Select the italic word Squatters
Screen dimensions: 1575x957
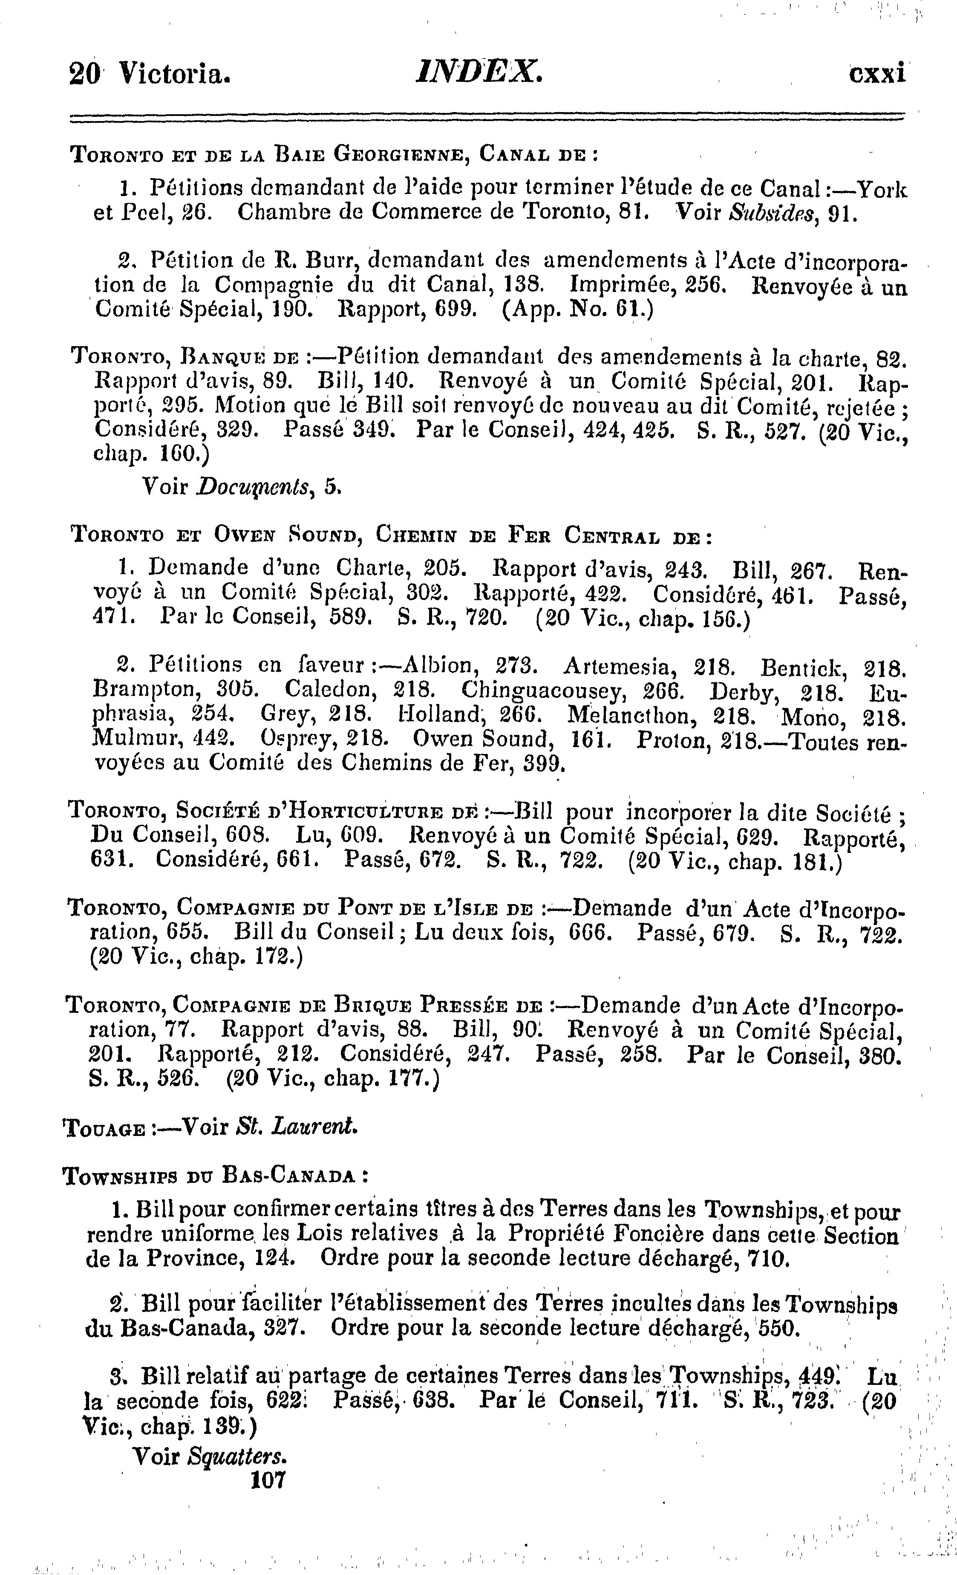(x=237, y=1457)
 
